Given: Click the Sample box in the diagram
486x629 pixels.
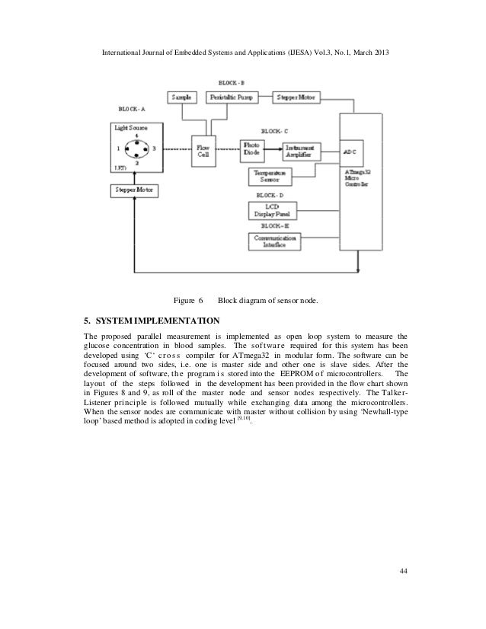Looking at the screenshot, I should [x=181, y=97].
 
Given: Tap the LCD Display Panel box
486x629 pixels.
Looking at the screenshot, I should [x=276, y=211].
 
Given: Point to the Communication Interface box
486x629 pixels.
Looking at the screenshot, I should [x=276, y=241].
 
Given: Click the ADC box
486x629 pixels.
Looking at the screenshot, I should [x=351, y=151].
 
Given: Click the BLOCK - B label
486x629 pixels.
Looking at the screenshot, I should [x=231, y=81].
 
